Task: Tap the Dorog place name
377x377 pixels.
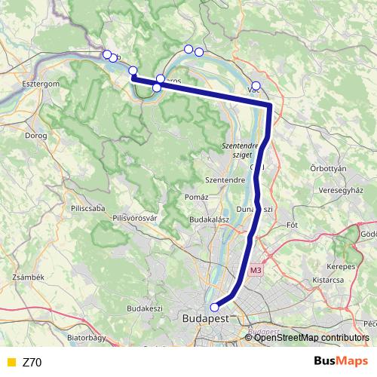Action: pyautogui.click(x=36, y=136)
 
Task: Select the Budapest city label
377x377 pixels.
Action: pyautogui.click(x=205, y=320)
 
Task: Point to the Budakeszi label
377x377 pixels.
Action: pyautogui.click(x=145, y=308)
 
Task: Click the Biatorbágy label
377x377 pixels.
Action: pyautogui.click(x=86, y=339)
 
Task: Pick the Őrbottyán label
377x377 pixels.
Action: pyautogui.click(x=328, y=168)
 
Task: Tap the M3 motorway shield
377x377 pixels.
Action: pyautogui.click(x=256, y=269)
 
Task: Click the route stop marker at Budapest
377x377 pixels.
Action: pyautogui.click(x=214, y=307)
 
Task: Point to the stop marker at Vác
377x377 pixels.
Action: pyautogui.click(x=256, y=85)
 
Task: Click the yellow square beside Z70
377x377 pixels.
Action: pyautogui.click(x=10, y=362)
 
